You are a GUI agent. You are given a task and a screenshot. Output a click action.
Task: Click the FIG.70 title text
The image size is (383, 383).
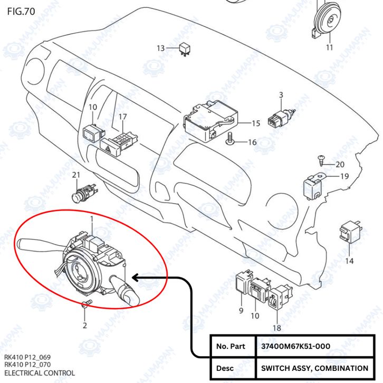(21, 11)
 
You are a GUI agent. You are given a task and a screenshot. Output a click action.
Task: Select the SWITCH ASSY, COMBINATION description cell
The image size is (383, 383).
(314, 368)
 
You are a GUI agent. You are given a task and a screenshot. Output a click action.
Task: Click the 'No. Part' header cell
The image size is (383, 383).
(231, 346)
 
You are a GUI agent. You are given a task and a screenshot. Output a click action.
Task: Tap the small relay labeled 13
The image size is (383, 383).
(185, 48)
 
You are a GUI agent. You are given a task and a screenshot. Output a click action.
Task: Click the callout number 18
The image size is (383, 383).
(277, 327)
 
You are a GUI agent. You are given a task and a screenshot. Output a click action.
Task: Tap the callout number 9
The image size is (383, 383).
(241, 311)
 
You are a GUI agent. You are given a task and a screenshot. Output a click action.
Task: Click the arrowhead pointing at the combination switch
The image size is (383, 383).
(135, 277)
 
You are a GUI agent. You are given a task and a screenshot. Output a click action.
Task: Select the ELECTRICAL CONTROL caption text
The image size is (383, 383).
(40, 373)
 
